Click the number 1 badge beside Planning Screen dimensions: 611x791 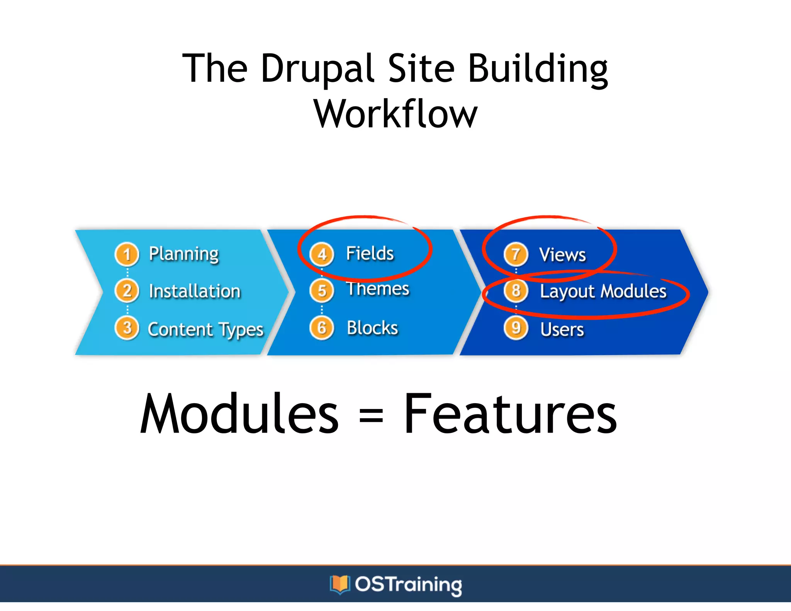127,255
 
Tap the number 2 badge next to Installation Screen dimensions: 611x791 127,291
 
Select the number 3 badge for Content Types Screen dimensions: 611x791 127,328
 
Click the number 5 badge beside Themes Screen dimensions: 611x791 322,290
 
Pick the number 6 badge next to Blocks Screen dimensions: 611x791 322,328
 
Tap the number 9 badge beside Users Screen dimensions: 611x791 516,328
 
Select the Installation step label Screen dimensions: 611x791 195,291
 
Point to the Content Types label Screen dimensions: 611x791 205,329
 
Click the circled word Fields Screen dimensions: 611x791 370,254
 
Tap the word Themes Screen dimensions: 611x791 378,289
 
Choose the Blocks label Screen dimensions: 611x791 372,328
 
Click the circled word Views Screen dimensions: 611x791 562,255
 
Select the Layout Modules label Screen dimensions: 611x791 603,291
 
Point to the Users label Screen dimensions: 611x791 562,329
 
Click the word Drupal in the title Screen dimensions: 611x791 317,70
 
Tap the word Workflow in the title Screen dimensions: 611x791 395,114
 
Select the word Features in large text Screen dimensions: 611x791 510,414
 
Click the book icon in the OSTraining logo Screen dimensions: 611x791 340,584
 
